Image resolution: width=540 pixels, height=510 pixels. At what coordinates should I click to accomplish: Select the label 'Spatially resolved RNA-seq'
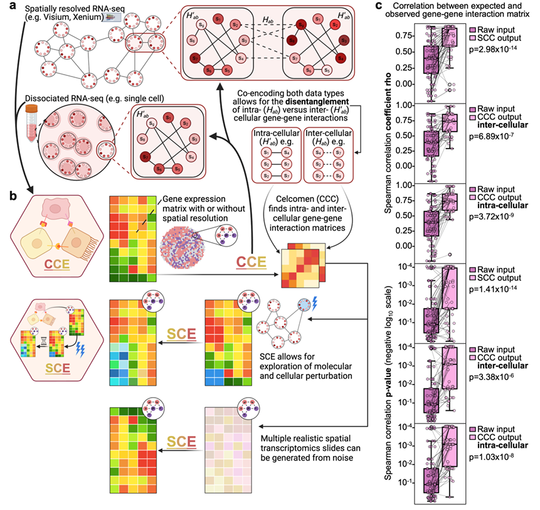[59, 7]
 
